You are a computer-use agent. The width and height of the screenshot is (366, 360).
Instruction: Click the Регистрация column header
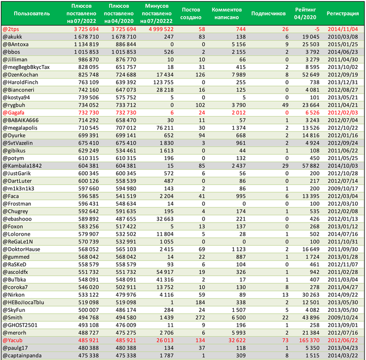(x=342, y=13)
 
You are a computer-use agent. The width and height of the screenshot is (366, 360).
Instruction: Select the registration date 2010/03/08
(x=343, y=37)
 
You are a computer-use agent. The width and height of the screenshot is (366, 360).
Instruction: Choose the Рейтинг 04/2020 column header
(x=305, y=13)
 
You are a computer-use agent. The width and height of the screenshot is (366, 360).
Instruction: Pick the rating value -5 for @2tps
(x=314, y=29)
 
